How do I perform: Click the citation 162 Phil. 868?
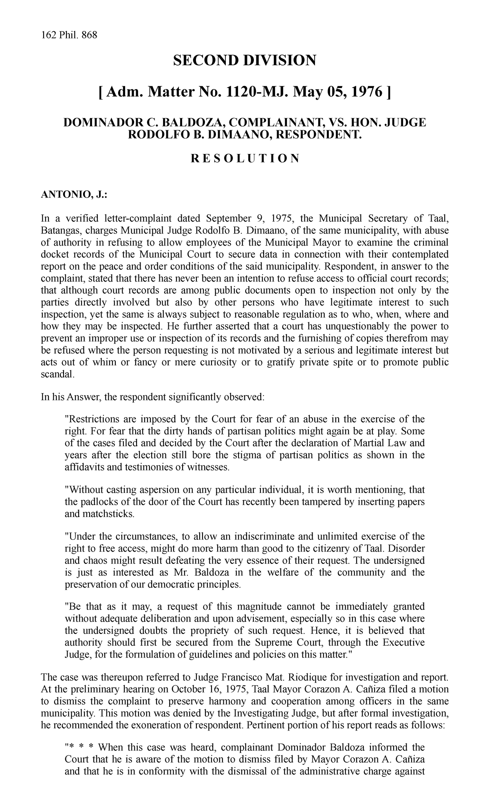pyautogui.click(x=69, y=35)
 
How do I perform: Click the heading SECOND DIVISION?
pyautogui.click(x=244, y=61)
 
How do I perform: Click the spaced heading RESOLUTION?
pyautogui.click(x=244, y=158)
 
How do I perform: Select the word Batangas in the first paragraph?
pyautogui.click(x=58, y=231)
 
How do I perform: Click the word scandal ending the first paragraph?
pyautogui.click(x=58, y=374)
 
